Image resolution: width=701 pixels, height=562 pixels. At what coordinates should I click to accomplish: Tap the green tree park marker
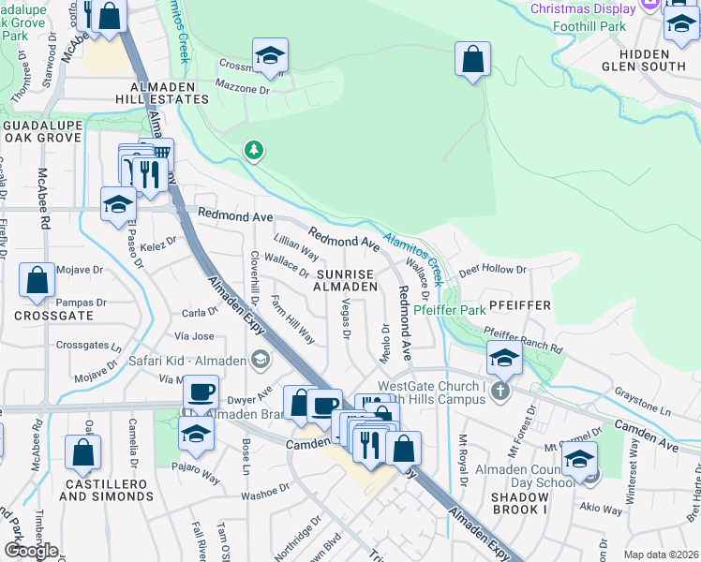click(252, 150)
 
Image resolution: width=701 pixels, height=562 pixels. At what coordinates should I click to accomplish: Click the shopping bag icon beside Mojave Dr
click(37, 280)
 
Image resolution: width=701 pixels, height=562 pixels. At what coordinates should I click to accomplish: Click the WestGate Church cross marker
click(500, 391)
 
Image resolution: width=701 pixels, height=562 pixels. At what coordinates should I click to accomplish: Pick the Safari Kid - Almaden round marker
click(260, 359)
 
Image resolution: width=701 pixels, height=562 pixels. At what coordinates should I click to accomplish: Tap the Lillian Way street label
click(296, 247)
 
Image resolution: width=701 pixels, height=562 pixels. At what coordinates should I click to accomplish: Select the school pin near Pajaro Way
click(196, 433)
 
